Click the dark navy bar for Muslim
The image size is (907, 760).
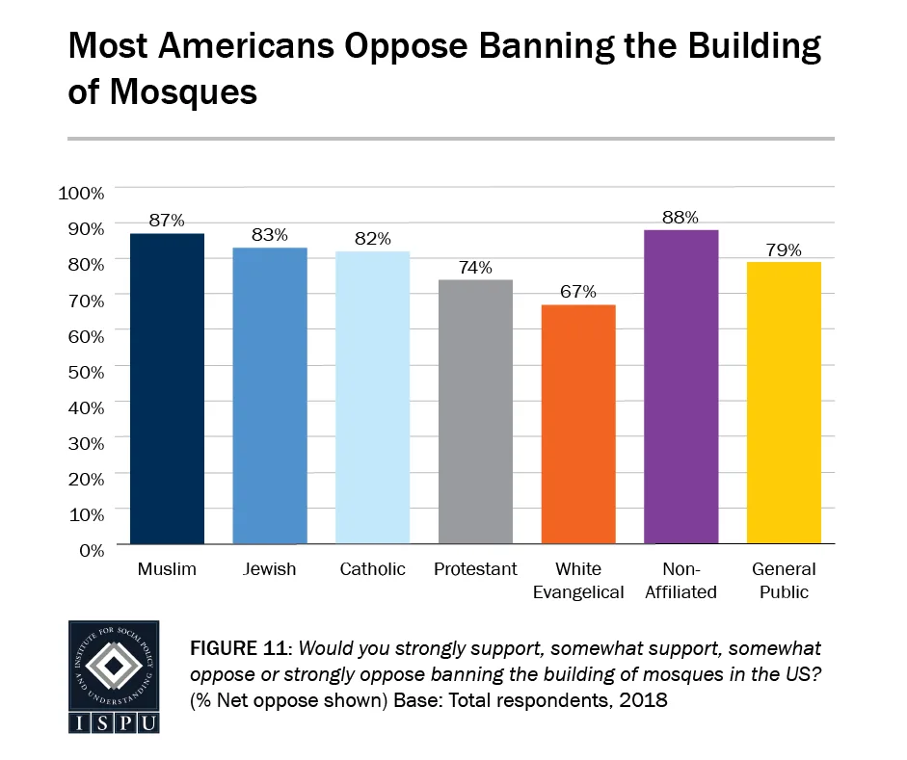click(x=168, y=388)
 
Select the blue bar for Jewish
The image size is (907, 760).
click(x=271, y=396)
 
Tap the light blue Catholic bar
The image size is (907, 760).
click(x=373, y=398)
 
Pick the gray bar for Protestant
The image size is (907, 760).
click(x=475, y=411)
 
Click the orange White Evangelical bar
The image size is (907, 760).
click(x=578, y=424)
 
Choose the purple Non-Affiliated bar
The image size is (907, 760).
click(x=680, y=386)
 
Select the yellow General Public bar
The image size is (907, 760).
click(x=784, y=403)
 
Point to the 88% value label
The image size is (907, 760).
click(x=680, y=217)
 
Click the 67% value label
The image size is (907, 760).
click(x=578, y=292)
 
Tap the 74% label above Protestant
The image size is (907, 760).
click(x=475, y=267)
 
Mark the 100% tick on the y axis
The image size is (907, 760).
click(x=82, y=193)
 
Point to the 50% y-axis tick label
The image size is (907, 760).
click(x=86, y=371)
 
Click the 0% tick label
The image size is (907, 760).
click(x=90, y=550)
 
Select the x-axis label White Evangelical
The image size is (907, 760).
click(x=578, y=581)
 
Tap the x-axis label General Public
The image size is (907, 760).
click(x=784, y=581)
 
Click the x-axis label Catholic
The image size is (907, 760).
click(x=373, y=569)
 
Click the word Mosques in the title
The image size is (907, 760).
click(x=162, y=92)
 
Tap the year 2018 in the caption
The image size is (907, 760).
click(x=646, y=701)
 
